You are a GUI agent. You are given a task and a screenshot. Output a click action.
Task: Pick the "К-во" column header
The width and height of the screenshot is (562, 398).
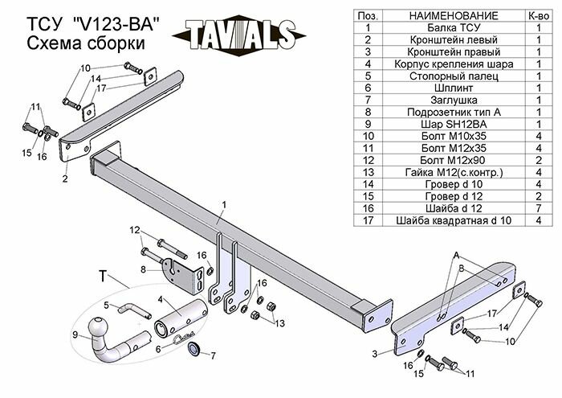[x=537, y=16]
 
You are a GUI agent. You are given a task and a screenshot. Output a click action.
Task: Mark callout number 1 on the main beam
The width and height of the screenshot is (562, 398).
[x=224, y=205]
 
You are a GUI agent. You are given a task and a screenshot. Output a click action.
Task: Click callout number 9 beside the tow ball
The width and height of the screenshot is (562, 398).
[x=76, y=334]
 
